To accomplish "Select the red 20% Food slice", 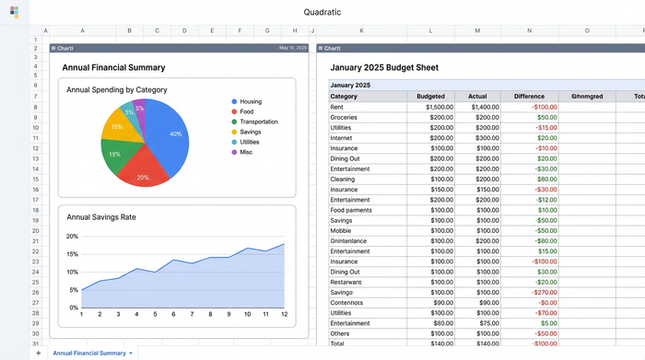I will pyautogui.click(x=142, y=172).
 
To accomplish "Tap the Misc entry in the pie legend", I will pyautogui.click(x=246, y=152).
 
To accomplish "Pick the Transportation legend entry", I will pyautogui.click(x=258, y=122).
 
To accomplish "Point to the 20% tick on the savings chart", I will pyautogui.click(x=72, y=236).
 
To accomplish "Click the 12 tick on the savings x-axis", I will pyautogui.click(x=284, y=314).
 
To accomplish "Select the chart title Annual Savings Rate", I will pyautogui.click(x=100, y=217).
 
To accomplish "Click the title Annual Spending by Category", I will pyautogui.click(x=116, y=90).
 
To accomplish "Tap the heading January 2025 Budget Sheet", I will pyautogui.click(x=384, y=67).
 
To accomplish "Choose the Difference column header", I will pyautogui.click(x=529, y=96).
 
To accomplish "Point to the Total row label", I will pyautogui.click(x=338, y=343).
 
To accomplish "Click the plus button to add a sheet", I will pyautogui.click(x=38, y=353).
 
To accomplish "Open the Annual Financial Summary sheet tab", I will pyautogui.click(x=89, y=353).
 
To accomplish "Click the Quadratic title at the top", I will pyautogui.click(x=322, y=12).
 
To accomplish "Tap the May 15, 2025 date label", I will pyautogui.click(x=292, y=48).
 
